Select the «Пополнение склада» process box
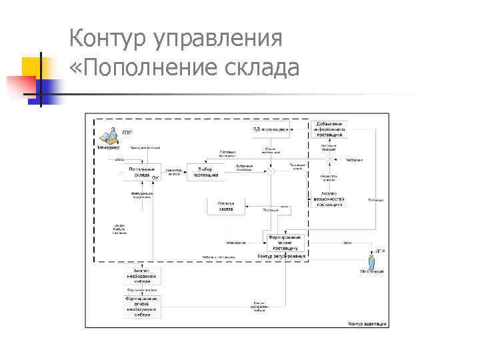tap(142, 172)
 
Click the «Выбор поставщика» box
tap(205, 172)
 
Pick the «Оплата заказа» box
tap(225, 207)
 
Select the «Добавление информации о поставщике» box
tap(329, 129)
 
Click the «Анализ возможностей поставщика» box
tap(329, 200)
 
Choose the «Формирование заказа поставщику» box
tap(285, 241)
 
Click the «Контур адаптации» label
tap(366, 324)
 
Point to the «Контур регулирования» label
tap(281, 257)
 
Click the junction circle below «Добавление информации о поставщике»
tap(329, 160)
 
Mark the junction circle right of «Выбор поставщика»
tap(271, 171)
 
